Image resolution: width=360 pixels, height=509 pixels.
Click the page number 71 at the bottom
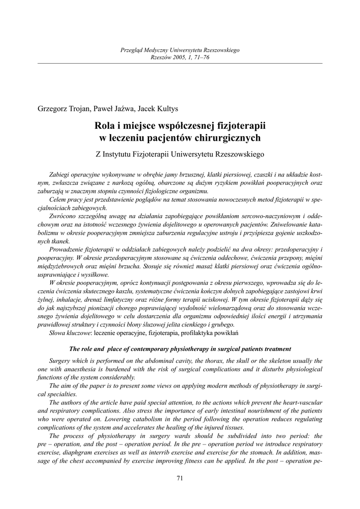180,478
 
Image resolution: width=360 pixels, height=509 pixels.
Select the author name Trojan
80,109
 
